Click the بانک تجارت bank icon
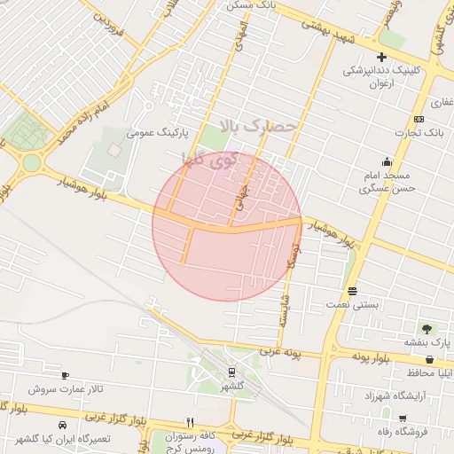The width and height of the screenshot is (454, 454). point(419,120)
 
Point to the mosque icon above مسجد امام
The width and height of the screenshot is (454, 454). point(387,161)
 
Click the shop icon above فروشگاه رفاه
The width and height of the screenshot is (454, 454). point(403,419)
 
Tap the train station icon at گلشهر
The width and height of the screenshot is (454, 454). point(231,372)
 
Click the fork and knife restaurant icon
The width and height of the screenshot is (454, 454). point(189,422)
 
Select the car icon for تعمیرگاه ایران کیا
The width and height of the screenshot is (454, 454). point(63,426)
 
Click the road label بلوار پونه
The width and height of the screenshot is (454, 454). point(370,356)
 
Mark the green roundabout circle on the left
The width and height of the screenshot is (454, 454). point(32,163)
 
